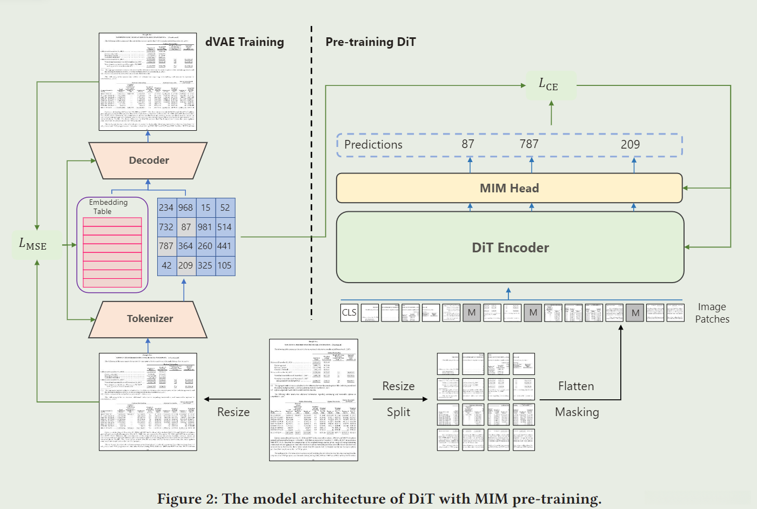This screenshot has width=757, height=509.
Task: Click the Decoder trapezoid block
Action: point(148,160)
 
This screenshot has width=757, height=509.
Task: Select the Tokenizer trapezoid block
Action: point(149,319)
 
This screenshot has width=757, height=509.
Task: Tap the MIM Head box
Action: point(509,188)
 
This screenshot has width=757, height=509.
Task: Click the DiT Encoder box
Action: point(510,247)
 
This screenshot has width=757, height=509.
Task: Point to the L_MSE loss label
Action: point(33,244)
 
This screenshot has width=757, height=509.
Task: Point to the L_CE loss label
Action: point(548,84)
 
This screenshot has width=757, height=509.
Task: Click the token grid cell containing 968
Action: point(185,207)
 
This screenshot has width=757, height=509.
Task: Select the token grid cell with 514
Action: point(225,227)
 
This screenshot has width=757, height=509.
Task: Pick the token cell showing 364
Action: point(185,246)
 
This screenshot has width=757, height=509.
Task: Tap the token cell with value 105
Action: point(225,265)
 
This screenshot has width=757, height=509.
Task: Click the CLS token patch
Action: point(349,312)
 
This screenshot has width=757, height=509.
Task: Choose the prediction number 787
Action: point(529,144)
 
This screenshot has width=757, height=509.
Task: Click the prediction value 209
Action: point(630,144)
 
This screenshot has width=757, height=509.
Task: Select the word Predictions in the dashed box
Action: point(373,145)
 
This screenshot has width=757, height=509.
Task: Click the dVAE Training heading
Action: point(245,42)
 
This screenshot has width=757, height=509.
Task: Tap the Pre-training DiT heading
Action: point(371,42)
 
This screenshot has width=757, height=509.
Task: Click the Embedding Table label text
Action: point(108,206)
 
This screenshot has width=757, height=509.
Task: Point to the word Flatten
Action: point(576,386)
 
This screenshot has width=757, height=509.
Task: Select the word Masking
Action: point(577,412)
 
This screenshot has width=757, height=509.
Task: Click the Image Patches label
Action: point(712,313)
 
